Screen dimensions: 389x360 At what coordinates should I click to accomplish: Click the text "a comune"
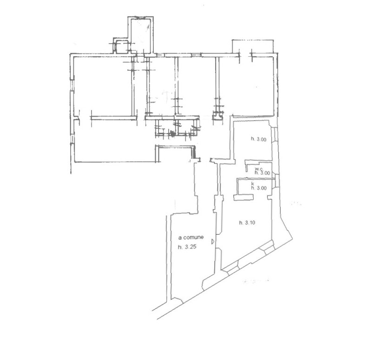click(x=191, y=237)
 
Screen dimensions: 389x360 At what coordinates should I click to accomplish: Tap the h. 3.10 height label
click(x=247, y=223)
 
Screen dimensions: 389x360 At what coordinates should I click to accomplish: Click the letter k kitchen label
click(x=252, y=184)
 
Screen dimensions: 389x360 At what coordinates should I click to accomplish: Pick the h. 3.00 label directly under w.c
click(x=262, y=173)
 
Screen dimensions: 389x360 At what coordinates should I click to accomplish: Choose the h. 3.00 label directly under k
click(x=259, y=188)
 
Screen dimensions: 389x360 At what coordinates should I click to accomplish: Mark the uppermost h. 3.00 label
click(x=258, y=139)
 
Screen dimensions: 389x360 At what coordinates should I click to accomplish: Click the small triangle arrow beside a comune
click(x=213, y=241)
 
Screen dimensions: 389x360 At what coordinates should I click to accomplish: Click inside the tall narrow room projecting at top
click(x=140, y=36)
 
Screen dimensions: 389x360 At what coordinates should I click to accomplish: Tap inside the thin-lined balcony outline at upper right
click(x=252, y=46)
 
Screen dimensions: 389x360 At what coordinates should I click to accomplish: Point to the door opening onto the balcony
click(x=245, y=55)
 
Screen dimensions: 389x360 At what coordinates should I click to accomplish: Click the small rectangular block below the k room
click(x=244, y=197)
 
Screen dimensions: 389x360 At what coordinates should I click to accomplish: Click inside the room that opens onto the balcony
click(x=247, y=85)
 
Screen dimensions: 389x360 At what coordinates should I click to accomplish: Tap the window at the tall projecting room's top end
click(x=140, y=18)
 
